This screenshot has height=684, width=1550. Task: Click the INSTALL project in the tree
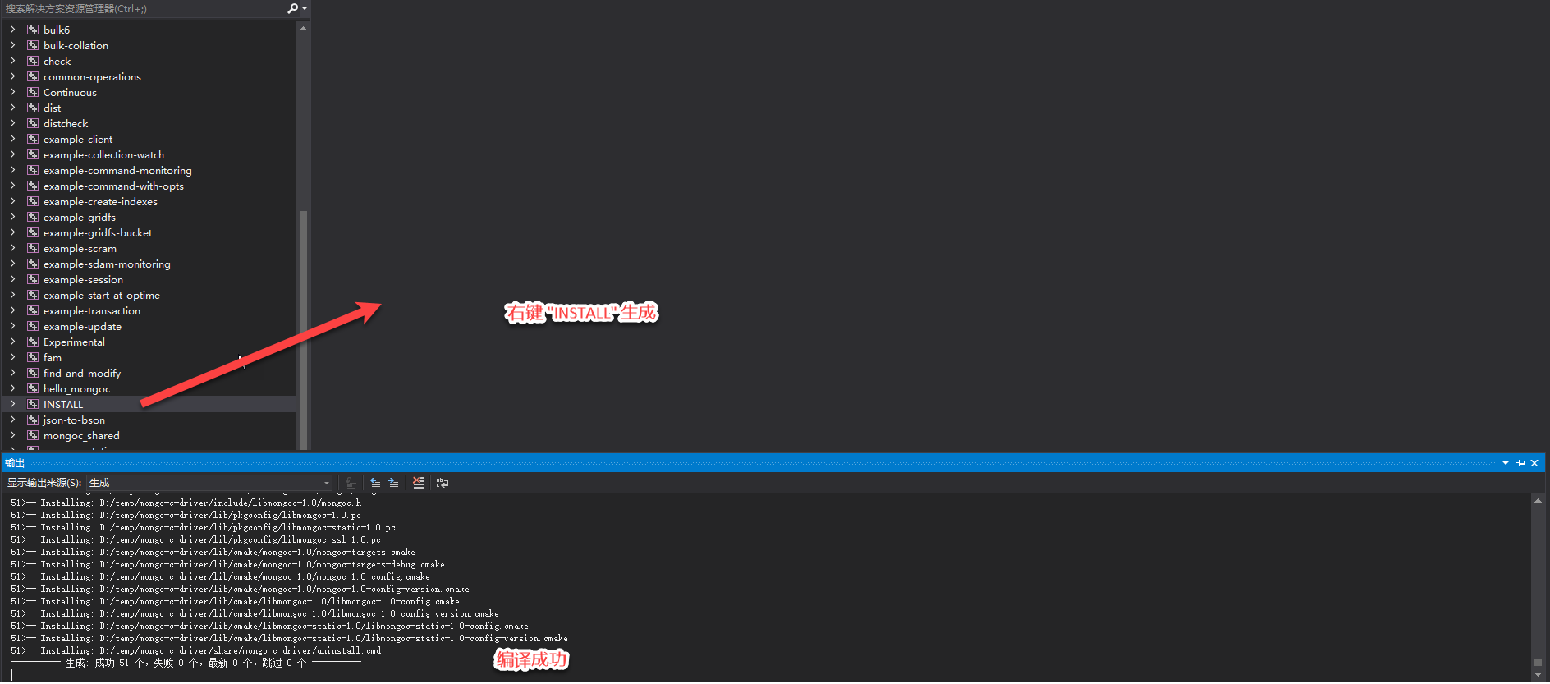[63, 405]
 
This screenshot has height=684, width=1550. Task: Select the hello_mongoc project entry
[76, 389]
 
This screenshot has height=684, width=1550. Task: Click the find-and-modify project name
[82, 374]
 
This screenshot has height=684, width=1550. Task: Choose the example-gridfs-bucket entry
[98, 233]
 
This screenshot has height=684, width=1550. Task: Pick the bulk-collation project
[76, 46]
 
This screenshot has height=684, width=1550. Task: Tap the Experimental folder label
[74, 342]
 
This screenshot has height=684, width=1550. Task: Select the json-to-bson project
[74, 420]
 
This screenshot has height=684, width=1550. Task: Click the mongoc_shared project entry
[81, 436]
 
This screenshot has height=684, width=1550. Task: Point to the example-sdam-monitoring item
[107, 264]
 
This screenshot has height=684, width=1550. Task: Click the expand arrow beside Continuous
[12, 93]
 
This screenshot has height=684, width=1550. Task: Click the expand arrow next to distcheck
[12, 124]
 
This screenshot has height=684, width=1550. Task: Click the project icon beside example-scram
[33, 249]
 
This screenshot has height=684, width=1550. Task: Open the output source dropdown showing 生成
[209, 483]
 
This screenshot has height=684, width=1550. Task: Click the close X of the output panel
[1534, 463]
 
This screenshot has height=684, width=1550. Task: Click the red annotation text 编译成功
[531, 659]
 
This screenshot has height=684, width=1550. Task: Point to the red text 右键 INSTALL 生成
[581, 313]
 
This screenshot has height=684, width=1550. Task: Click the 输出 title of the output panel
[15, 463]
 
